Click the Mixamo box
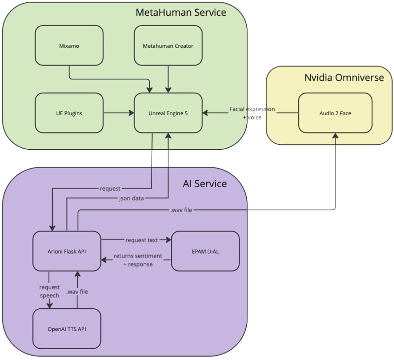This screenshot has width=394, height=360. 69,45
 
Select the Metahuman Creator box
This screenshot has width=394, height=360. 168,45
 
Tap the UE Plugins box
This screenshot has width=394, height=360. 69,113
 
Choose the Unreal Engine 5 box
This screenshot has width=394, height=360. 168,113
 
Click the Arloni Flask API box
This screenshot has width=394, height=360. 66,251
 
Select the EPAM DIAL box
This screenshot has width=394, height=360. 205,251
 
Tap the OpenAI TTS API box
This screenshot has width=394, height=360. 66,327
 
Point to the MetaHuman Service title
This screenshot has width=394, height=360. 181,12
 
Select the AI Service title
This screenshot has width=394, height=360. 204,184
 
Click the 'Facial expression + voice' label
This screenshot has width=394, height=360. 252,113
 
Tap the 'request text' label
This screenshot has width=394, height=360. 141,240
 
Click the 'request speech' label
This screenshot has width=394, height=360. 49,291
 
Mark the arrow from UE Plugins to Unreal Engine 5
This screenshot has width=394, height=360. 118,113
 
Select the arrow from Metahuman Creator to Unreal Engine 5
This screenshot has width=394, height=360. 168,78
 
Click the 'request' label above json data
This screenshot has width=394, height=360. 110,188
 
